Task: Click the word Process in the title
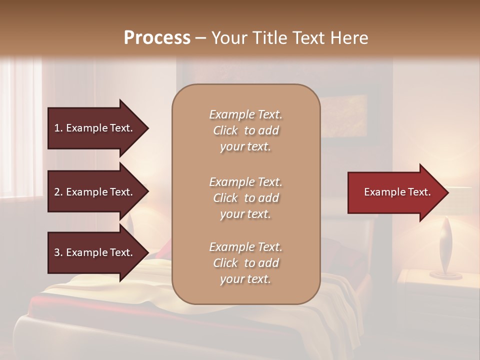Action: [x=157, y=38]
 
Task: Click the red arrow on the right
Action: [x=395, y=192]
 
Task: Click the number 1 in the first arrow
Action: [x=57, y=128]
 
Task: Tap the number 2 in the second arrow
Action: [x=57, y=192]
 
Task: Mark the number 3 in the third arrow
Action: [x=57, y=252]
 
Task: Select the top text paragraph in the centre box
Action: [x=245, y=130]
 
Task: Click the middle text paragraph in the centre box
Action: [x=245, y=198]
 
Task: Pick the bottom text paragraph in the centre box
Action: [x=245, y=263]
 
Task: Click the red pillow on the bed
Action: [x=163, y=250]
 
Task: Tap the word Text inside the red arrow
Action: [x=420, y=192]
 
